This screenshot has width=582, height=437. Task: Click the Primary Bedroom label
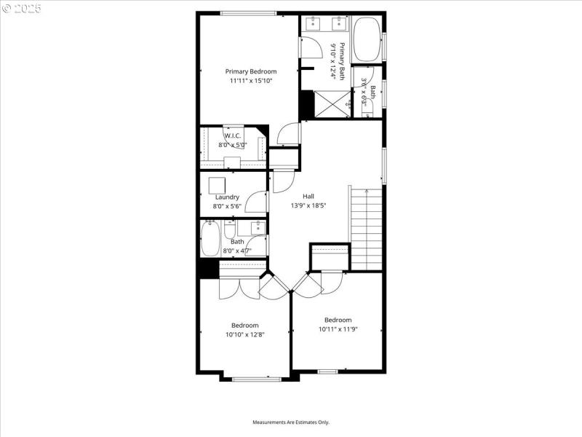pyautogui.click(x=251, y=71)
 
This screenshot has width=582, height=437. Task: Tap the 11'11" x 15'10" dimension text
pyautogui.click(x=251, y=81)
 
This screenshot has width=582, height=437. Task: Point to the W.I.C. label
pyautogui.click(x=233, y=135)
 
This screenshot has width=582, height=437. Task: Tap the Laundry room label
pyautogui.click(x=227, y=197)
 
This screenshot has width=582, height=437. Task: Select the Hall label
pyautogui.click(x=308, y=196)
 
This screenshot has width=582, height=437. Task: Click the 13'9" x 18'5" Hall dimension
pyautogui.click(x=308, y=205)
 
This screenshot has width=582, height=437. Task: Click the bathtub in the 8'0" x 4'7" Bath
pyautogui.click(x=210, y=239)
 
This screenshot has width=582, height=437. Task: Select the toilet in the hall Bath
pyautogui.click(x=230, y=232)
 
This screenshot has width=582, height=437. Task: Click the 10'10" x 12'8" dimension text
pyautogui.click(x=245, y=335)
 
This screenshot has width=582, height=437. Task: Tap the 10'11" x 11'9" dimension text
pyautogui.click(x=338, y=329)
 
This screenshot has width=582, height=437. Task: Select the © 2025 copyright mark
pyautogui.click(x=22, y=8)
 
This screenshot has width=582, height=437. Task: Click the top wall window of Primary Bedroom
pyautogui.click(x=248, y=13)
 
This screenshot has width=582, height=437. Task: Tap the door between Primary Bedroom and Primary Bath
pyautogui.click(x=311, y=48)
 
